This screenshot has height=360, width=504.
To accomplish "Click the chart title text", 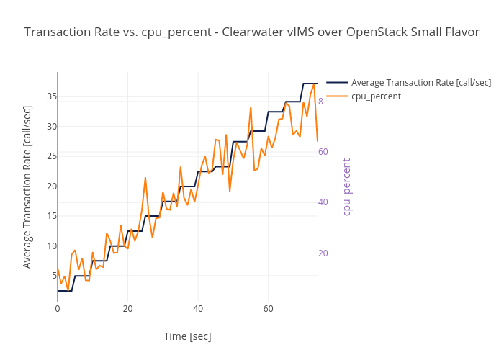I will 251,32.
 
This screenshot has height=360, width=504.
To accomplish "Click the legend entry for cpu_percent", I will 376,96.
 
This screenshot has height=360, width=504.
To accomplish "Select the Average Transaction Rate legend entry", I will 421,82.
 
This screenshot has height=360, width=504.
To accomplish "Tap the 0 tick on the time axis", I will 58,309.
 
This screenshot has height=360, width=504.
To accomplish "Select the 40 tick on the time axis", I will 198,309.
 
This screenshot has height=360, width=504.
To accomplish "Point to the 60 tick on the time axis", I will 268,309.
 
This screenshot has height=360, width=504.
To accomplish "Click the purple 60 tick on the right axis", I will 323,152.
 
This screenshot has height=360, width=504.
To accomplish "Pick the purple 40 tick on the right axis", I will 323,202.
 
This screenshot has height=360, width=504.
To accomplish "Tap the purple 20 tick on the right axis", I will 323,253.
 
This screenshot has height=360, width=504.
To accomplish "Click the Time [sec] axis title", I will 187,336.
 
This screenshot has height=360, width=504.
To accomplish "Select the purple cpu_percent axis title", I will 346,186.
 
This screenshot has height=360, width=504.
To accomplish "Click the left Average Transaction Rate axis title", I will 27,186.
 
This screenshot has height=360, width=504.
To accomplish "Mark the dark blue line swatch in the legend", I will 337,82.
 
